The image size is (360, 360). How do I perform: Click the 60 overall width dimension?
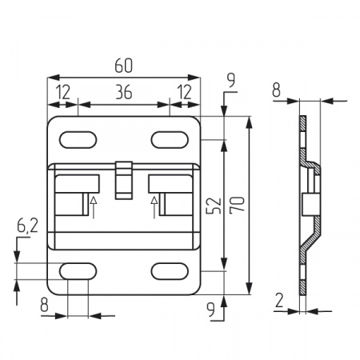coord(123,66)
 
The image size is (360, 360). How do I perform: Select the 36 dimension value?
coord(124,92)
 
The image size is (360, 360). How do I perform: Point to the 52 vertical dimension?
coord(214,206)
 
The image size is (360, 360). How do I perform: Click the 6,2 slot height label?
coord(27,226)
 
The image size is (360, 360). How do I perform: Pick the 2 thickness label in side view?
coord(279,301)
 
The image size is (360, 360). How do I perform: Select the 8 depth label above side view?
coord(277,90)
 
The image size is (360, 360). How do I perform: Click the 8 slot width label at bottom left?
coord(44,305)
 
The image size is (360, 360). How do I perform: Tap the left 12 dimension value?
coord(63,92)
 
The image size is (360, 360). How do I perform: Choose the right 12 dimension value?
coord(185,92)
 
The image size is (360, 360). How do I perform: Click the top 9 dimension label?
coord(231,80)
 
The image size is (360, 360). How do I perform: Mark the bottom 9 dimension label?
coord(211,310)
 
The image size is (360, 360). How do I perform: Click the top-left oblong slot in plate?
coord(78,140)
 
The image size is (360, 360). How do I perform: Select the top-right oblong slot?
coord(170,140)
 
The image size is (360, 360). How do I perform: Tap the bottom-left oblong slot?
coord(78,271)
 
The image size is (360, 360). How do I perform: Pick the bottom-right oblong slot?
coord(170,271)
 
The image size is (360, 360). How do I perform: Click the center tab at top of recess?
coord(124,180)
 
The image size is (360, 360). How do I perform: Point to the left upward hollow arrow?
coord(94,207)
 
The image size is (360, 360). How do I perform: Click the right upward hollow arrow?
coord(154,207)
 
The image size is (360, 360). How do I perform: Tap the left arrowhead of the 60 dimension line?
coord(53,78)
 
